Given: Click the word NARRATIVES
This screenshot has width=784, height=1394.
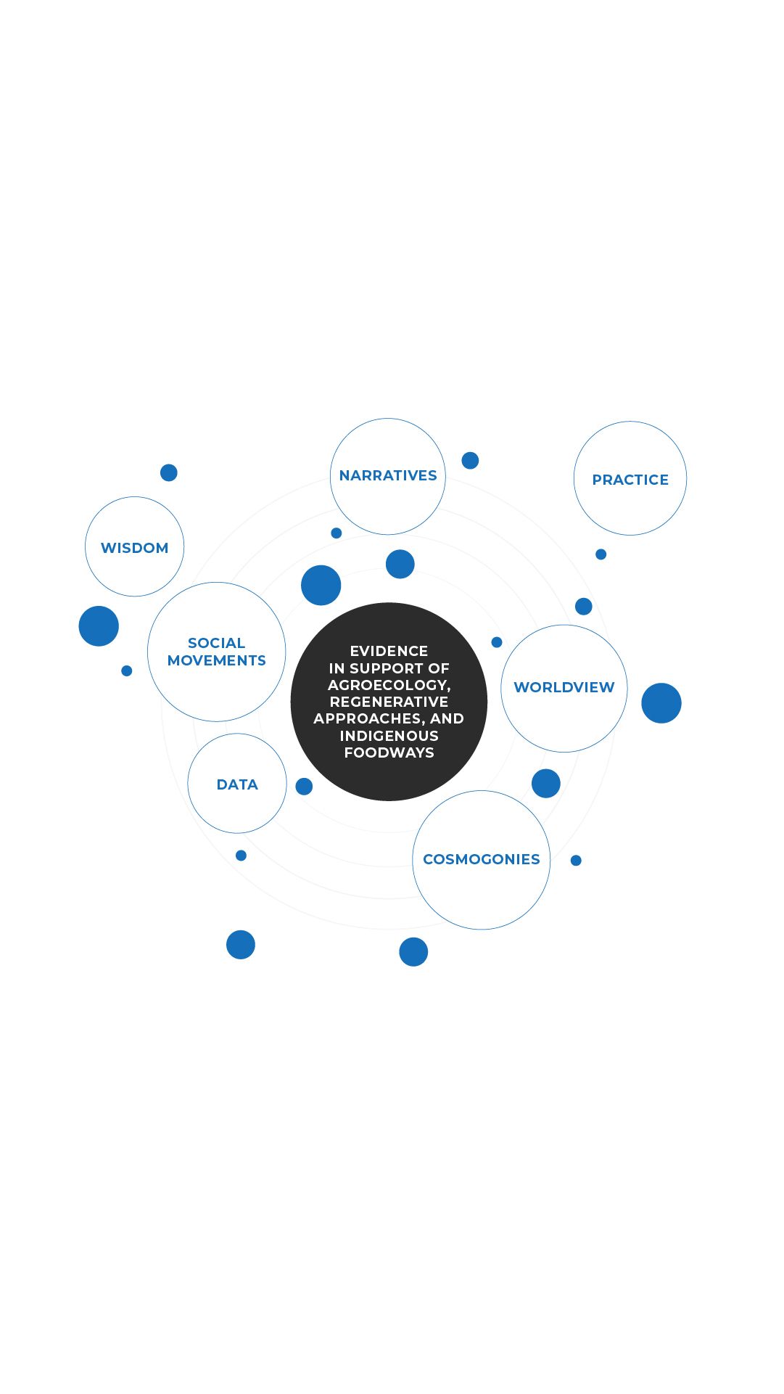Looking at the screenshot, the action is (x=388, y=475).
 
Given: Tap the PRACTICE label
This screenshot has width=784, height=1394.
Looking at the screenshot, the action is (x=630, y=480).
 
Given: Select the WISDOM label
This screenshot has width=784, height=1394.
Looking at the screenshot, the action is (x=134, y=548).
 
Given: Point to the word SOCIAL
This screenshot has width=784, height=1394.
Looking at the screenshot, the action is (x=216, y=643).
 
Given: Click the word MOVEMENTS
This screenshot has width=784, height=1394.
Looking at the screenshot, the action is (x=216, y=660).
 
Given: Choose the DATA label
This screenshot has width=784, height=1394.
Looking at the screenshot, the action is (x=237, y=784).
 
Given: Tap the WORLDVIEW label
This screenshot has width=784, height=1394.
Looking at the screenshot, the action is (x=564, y=687).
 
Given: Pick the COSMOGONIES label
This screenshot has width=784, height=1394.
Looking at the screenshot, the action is (x=482, y=859).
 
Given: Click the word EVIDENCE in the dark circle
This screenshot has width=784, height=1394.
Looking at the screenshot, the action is (x=389, y=651).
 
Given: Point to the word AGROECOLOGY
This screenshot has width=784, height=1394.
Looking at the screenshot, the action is (x=389, y=685).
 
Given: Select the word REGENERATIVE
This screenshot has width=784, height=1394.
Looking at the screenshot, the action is (x=389, y=702).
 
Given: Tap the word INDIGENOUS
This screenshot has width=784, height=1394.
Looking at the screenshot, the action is (x=389, y=736).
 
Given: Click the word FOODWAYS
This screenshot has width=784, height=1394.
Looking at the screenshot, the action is (x=389, y=753).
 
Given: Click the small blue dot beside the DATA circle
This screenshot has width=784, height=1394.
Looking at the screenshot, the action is (x=304, y=786).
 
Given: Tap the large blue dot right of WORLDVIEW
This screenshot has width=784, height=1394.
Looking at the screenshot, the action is (x=661, y=703).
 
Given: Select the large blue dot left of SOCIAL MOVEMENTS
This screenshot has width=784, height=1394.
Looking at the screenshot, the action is (x=99, y=626).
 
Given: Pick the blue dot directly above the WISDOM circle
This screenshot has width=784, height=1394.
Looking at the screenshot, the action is (x=169, y=472).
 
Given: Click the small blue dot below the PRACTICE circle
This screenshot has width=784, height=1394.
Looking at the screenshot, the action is (x=601, y=554).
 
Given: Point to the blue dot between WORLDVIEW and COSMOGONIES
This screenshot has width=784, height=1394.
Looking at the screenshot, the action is (x=546, y=784).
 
